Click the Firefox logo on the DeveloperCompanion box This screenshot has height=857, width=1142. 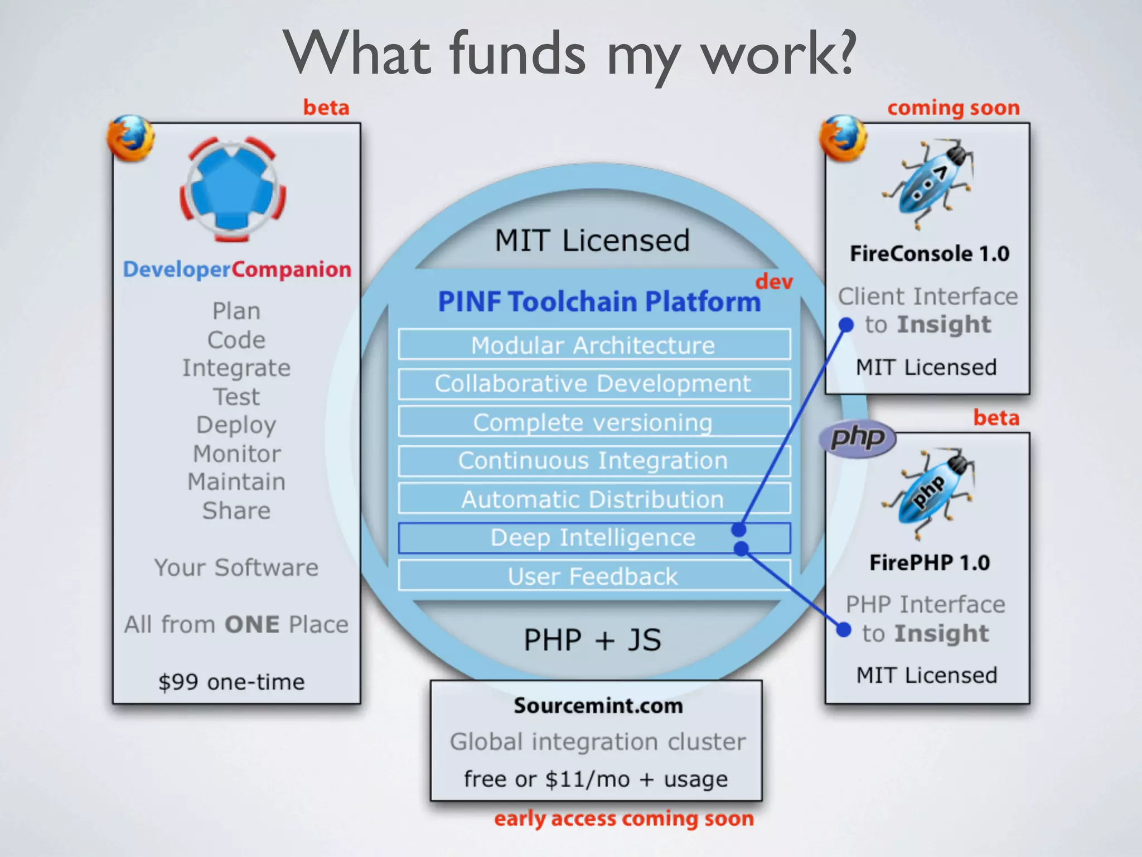pos(131,138)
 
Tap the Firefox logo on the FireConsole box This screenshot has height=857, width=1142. pos(843,138)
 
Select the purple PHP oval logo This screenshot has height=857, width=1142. pos(858,438)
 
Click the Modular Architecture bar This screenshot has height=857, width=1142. pos(594,345)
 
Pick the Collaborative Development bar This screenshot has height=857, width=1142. pos(594,383)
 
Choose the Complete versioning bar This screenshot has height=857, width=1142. pos(594,422)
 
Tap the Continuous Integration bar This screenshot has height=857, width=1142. pos(594,460)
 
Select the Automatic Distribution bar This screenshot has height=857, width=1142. pos(594,499)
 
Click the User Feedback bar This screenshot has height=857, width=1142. pos(594,576)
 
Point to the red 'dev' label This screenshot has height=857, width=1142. pos(774,281)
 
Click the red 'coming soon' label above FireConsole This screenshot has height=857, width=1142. pos(953,108)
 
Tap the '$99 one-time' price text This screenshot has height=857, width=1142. pos(231,682)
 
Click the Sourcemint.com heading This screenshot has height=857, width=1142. pos(598,706)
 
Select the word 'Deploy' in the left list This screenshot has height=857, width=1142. pos(236,425)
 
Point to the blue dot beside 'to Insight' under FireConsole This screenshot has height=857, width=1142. pos(846,325)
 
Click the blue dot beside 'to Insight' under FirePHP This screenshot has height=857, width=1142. pos(844,630)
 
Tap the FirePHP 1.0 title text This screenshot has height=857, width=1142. pos(930,562)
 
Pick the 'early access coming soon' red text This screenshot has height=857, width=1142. pos(624,819)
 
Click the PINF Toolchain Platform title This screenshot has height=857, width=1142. pos(599,301)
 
